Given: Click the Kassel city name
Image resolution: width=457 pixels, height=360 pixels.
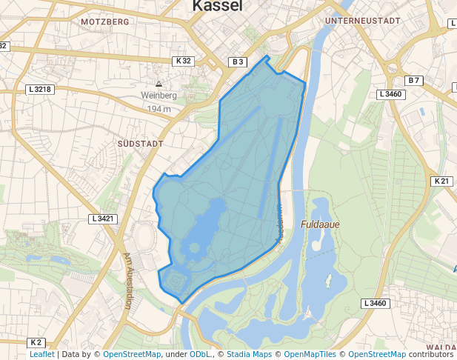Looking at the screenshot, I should point(217,6).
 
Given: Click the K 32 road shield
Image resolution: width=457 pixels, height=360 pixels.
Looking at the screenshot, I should point(184,61).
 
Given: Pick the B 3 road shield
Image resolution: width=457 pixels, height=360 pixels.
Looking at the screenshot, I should point(237,62).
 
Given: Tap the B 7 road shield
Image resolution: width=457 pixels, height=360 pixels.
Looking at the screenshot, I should point(413,80).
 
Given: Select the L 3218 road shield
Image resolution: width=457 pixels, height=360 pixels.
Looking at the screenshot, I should point(40,90).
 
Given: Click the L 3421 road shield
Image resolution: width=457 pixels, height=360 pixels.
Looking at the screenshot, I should point(103,219).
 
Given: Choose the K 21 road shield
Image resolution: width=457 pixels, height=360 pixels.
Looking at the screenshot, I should point(441,181).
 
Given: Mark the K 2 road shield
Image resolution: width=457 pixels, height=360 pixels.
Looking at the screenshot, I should point(36,342).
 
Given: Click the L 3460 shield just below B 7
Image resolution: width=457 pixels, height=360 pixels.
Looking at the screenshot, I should point(390,94).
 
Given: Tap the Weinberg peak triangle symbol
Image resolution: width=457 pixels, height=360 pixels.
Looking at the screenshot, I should point(159,84).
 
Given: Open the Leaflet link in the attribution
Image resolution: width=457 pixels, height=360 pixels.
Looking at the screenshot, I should point(41,355).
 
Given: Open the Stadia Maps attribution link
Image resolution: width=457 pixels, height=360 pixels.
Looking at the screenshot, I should point(248,355).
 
